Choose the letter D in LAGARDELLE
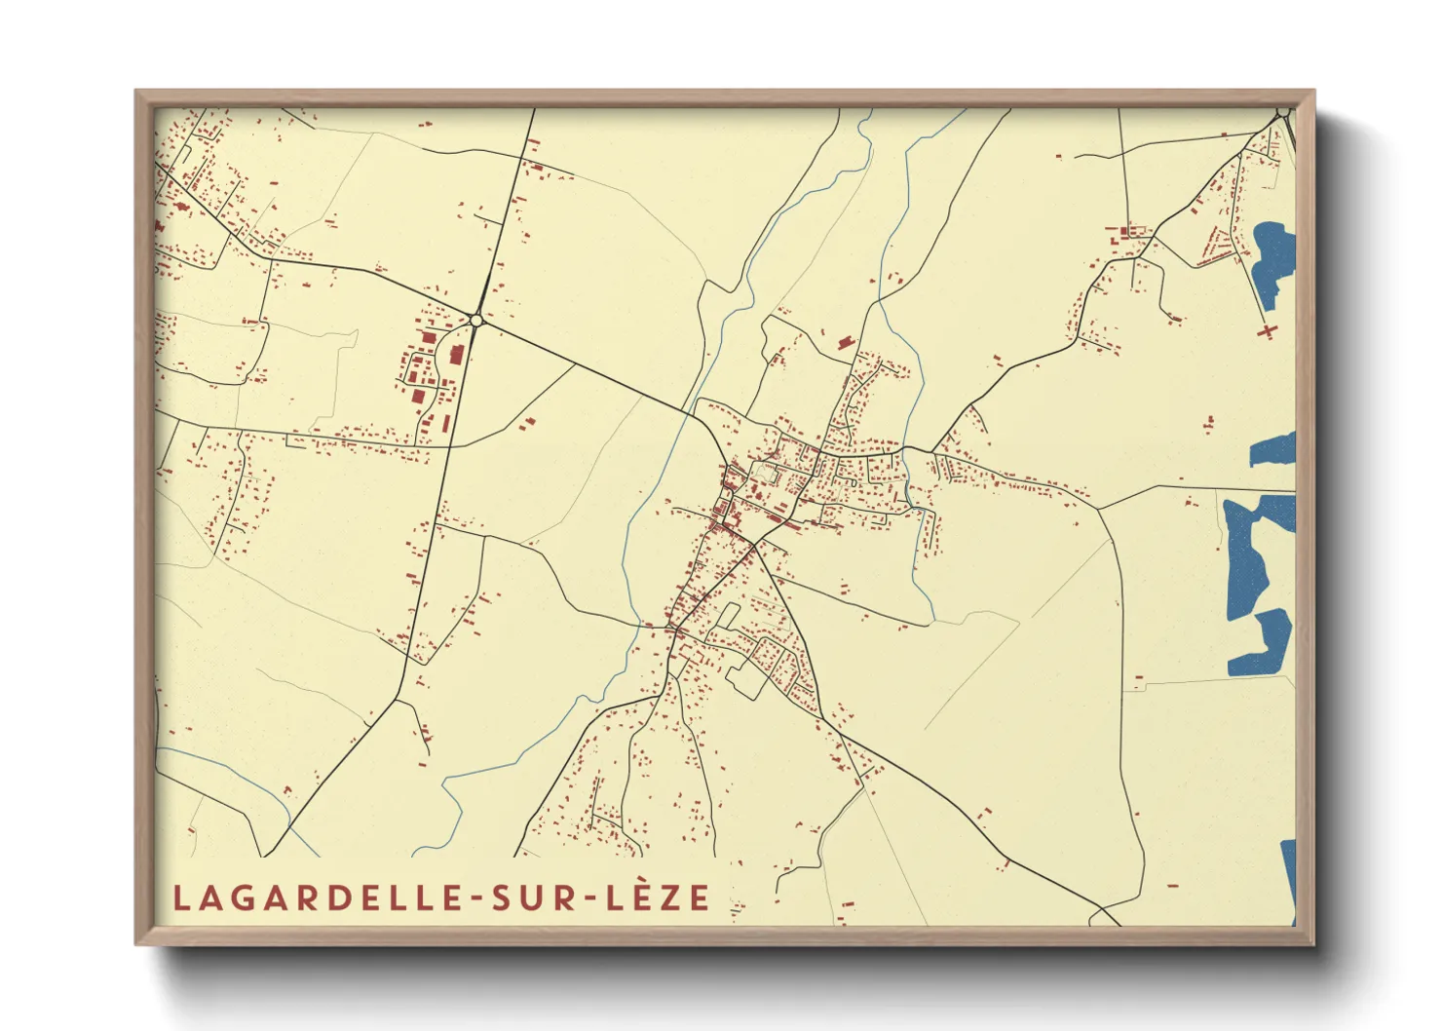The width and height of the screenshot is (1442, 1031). point(336,897)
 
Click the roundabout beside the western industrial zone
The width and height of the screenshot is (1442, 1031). point(476,320)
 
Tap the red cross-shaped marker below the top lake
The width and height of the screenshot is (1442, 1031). point(1268,330)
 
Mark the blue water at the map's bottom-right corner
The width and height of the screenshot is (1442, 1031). point(1288,877)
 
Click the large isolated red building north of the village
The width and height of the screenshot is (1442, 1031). point(844,341)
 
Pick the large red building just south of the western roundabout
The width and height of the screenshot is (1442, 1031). point(455,354)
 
